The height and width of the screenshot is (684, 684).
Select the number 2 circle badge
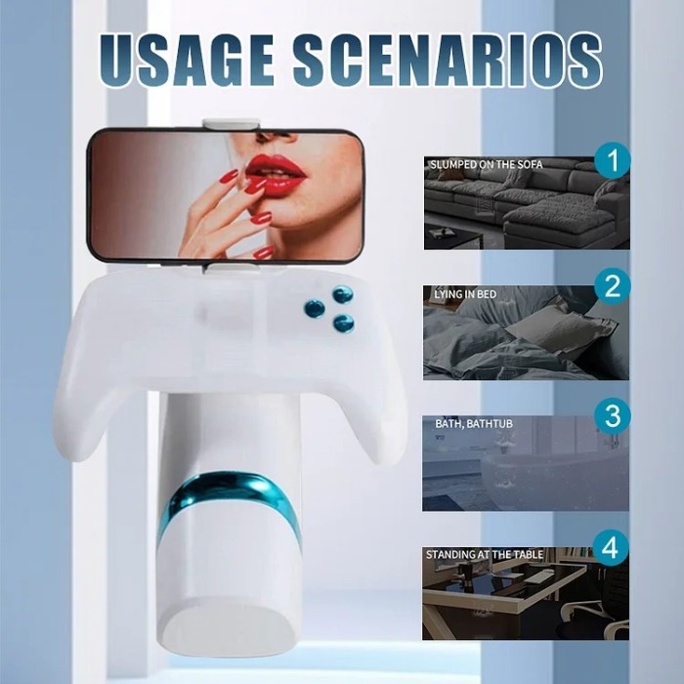[x=613, y=286]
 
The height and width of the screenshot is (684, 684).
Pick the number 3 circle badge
[x=613, y=416]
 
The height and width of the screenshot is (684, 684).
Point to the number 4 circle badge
[x=613, y=547]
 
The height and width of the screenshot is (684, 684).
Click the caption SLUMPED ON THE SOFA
[x=486, y=165]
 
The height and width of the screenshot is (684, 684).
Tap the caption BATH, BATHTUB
[x=473, y=424]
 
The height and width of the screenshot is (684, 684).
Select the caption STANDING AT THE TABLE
[x=485, y=555]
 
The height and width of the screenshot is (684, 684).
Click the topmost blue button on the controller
[x=342, y=294]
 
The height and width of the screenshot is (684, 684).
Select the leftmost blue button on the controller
[x=315, y=309]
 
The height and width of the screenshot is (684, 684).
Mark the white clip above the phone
[x=232, y=124]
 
